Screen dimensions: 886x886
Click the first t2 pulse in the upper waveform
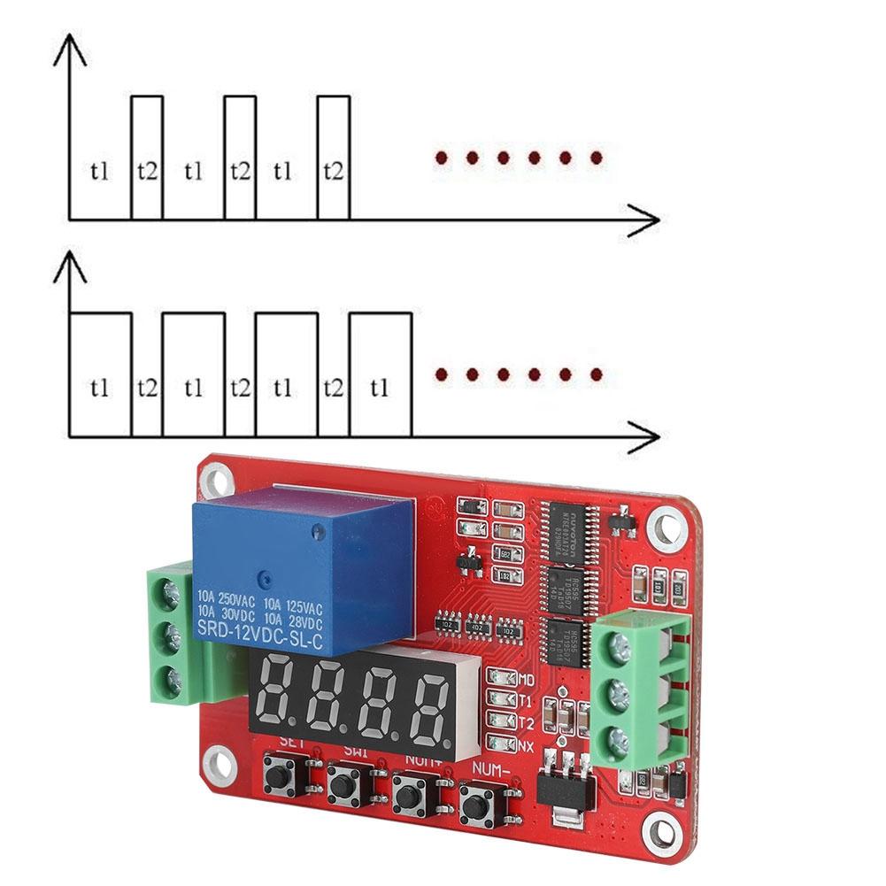click(x=147, y=158)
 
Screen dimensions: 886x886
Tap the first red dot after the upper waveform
click(x=440, y=158)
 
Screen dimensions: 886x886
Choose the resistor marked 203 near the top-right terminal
click(x=677, y=587)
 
